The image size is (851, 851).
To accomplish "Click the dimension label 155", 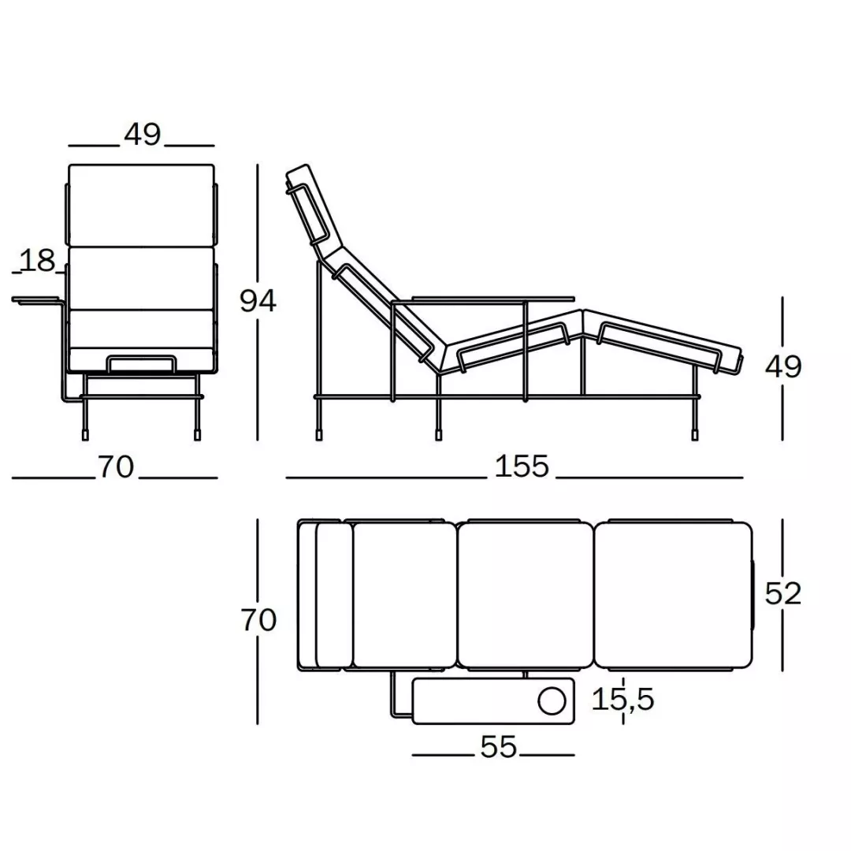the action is (522, 466).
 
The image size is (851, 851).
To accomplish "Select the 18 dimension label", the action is (38, 261).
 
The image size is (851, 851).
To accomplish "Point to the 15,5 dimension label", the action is (622, 699).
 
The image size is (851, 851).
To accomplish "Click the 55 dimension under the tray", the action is (498, 747).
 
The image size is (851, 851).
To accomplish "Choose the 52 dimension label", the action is (783, 593).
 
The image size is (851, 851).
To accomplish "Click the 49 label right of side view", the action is (783, 366).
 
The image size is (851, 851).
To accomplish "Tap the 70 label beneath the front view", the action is (116, 466).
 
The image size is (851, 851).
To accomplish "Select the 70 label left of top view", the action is (259, 620).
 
